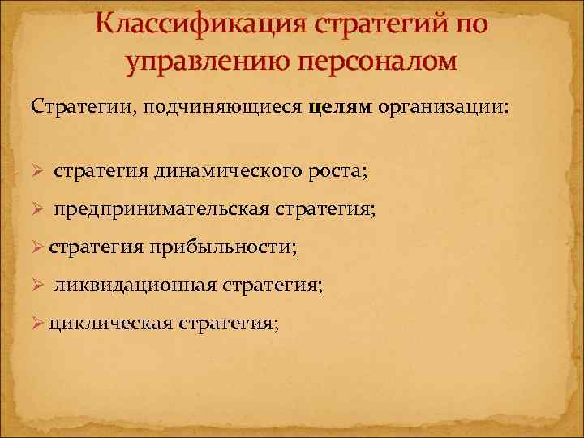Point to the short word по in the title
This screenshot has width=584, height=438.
(469, 25)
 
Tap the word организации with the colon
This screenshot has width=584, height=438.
(443, 107)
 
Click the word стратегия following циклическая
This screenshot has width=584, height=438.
(230, 324)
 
